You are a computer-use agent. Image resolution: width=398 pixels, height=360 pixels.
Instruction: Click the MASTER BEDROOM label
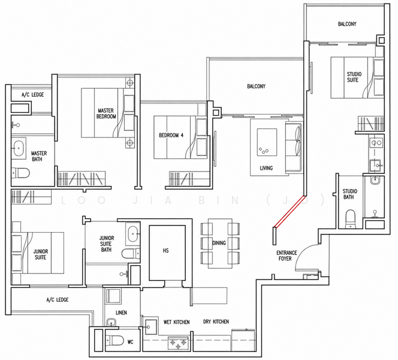tap(106, 113)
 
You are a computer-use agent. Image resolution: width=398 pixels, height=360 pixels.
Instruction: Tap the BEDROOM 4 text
tap(171, 135)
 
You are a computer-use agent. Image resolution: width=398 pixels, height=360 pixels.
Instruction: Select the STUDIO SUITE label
tap(354, 77)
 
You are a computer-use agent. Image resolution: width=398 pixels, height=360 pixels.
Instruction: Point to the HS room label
tap(166, 251)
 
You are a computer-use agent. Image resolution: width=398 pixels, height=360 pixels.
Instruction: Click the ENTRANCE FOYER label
tap(287, 256)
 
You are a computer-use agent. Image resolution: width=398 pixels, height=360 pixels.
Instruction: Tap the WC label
tap(130, 342)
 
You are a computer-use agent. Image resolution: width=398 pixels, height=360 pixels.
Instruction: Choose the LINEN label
tap(121, 313)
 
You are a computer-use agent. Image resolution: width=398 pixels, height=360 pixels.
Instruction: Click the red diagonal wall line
tap(290, 211)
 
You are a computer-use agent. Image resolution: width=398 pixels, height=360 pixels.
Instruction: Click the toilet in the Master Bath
tap(20, 173)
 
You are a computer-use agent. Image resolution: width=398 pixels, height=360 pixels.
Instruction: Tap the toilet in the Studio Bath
tap(351, 219)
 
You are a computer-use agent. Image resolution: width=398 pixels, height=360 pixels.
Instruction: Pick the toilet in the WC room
tap(114, 340)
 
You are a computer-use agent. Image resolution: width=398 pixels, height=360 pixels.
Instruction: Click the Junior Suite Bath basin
tap(132, 234)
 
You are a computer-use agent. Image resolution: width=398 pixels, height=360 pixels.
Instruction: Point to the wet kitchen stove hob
tap(178, 343)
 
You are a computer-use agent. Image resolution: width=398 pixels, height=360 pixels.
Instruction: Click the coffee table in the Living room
tap(267, 142)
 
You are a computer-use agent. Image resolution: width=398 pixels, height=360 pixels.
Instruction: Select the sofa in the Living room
tap(294, 147)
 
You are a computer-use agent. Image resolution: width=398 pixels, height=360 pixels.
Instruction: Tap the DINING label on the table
tap(219, 243)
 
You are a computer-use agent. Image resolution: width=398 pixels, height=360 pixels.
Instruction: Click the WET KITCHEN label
tap(176, 322)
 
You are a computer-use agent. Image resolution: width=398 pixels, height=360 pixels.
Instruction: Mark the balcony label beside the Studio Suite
tap(347, 24)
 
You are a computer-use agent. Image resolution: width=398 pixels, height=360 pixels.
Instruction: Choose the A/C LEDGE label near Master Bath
tap(32, 95)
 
